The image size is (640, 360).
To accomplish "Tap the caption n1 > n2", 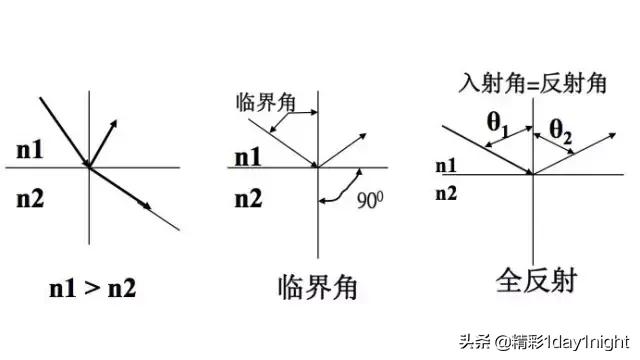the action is (x=94, y=289).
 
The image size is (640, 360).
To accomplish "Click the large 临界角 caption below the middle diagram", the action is (x=317, y=289).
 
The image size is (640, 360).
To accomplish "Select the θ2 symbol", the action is (x=563, y=128).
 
